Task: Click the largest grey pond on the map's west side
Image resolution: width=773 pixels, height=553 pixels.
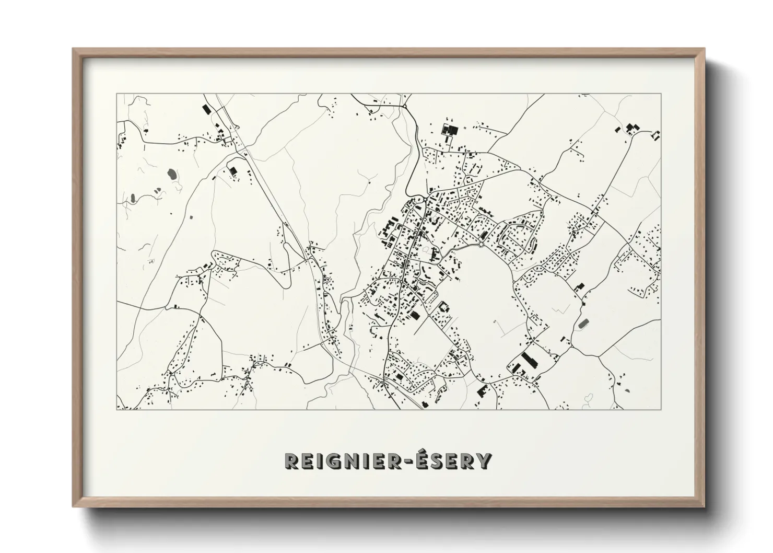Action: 171,174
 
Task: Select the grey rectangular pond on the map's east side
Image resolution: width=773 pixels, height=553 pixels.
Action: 583,324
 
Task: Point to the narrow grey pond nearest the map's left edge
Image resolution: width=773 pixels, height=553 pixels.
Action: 133,198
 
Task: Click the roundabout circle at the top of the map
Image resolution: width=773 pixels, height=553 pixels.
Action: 405,107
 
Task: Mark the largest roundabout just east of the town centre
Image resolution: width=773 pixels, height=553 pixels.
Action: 481,244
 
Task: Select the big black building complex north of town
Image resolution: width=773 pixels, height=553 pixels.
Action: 449,130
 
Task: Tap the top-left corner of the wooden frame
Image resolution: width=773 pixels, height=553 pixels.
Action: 74,49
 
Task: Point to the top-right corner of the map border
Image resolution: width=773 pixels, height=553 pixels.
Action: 661,94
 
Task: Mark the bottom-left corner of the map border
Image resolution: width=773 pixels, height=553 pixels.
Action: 116,409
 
